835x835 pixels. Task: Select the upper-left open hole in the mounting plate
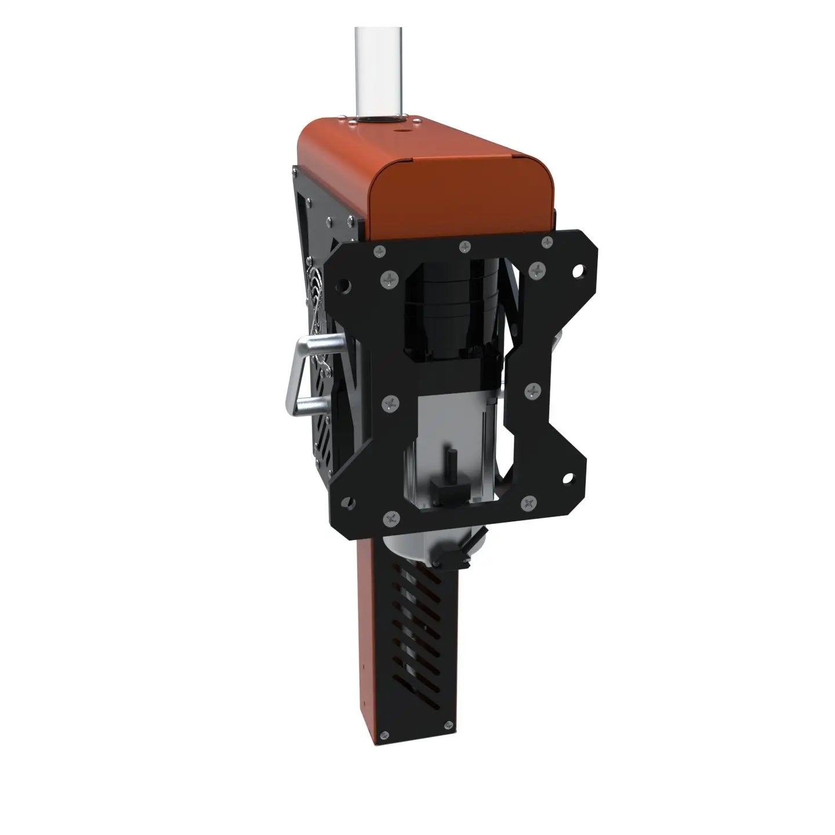click(x=343, y=286)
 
